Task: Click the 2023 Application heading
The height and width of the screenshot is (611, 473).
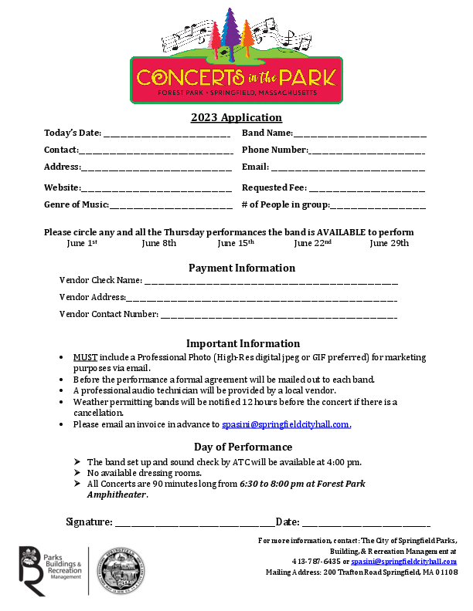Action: pyautogui.click(x=236, y=118)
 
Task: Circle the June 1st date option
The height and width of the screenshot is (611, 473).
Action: pyautogui.click(x=82, y=243)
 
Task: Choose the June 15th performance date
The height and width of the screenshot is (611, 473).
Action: pyautogui.click(x=236, y=243)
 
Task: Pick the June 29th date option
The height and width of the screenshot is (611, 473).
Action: pyautogui.click(x=389, y=243)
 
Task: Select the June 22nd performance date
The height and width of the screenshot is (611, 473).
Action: pyautogui.click(x=312, y=243)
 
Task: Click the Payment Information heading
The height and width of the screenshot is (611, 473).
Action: pyautogui.click(x=242, y=268)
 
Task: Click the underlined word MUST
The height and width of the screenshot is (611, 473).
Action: pyautogui.click(x=85, y=357)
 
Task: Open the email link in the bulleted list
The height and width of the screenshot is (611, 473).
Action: pyautogui.click(x=286, y=424)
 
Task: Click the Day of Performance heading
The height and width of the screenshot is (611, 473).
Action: pyautogui.click(x=243, y=447)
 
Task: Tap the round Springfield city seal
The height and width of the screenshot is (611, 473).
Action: pyautogui.click(x=118, y=572)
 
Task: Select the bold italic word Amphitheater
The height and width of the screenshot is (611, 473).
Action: pyautogui.click(x=116, y=495)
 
